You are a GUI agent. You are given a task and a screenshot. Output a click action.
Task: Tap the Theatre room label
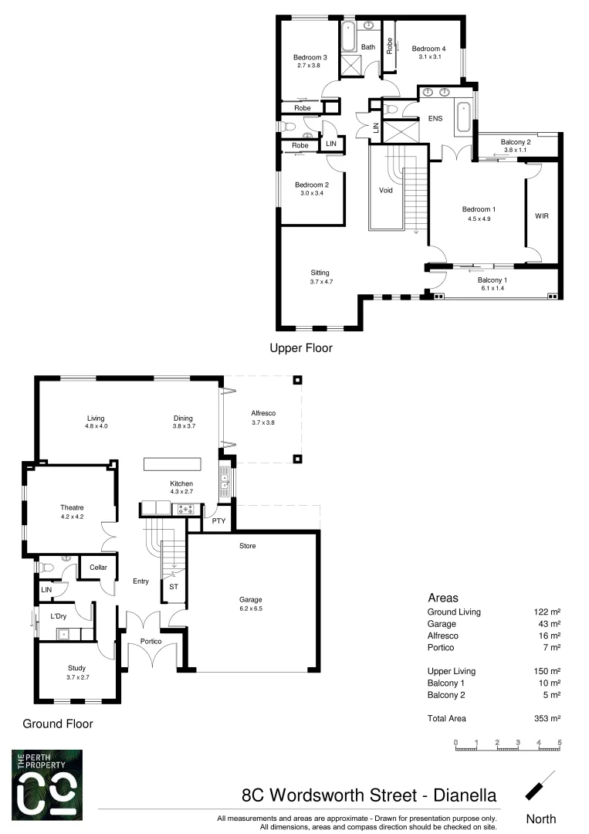click(x=72, y=507)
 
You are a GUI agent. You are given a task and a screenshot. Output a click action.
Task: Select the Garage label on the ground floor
click(x=251, y=599)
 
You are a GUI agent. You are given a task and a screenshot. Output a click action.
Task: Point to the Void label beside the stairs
click(x=387, y=190)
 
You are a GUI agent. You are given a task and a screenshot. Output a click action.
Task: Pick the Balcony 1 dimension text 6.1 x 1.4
click(x=491, y=288)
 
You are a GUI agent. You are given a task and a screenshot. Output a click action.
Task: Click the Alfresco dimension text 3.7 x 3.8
click(x=263, y=422)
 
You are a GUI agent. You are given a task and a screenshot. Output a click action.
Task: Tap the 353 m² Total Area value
click(x=547, y=718)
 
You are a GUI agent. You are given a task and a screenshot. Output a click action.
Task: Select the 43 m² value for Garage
click(x=550, y=624)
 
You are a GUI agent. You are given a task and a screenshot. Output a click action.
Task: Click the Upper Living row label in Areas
click(x=451, y=671)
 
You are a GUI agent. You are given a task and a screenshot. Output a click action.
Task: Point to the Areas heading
click(x=443, y=598)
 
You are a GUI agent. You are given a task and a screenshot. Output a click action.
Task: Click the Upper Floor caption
click(x=301, y=348)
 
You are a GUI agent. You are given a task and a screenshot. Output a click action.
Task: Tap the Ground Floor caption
click(x=58, y=724)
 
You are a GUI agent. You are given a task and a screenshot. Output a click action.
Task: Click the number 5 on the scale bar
click(x=559, y=742)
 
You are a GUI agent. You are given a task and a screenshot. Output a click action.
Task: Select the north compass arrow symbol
click(x=540, y=785)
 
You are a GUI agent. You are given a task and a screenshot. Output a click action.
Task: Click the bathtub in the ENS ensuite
click(x=463, y=117)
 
